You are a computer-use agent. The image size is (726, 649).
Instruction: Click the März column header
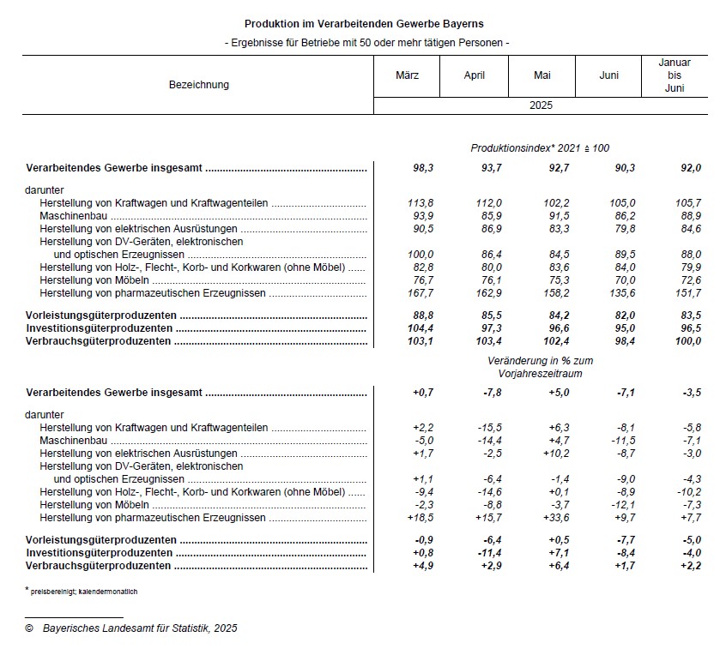[407, 75]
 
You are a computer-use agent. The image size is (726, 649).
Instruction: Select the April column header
[474, 75]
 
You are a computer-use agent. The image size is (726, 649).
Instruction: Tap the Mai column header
[541, 75]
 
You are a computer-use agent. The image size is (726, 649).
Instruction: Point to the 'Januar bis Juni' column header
[674, 75]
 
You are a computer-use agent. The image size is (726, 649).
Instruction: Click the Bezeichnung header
[199, 85]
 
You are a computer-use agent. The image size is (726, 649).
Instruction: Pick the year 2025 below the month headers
[541, 106]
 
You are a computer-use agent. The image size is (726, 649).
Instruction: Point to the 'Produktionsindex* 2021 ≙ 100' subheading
[540, 149]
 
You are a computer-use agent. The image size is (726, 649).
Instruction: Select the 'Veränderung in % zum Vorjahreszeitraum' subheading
[540, 368]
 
